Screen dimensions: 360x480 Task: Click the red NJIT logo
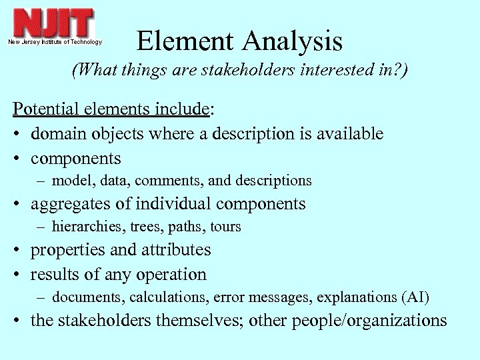tap(54, 24)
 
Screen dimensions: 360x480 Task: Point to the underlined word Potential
tap(47, 109)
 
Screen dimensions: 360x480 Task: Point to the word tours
tap(225, 227)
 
